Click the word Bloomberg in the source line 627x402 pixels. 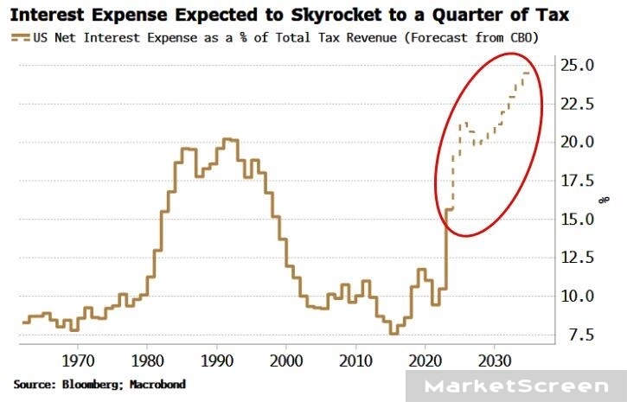coord(93,383)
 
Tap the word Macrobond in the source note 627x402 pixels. coord(158,383)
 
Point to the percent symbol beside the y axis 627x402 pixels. coord(605,200)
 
